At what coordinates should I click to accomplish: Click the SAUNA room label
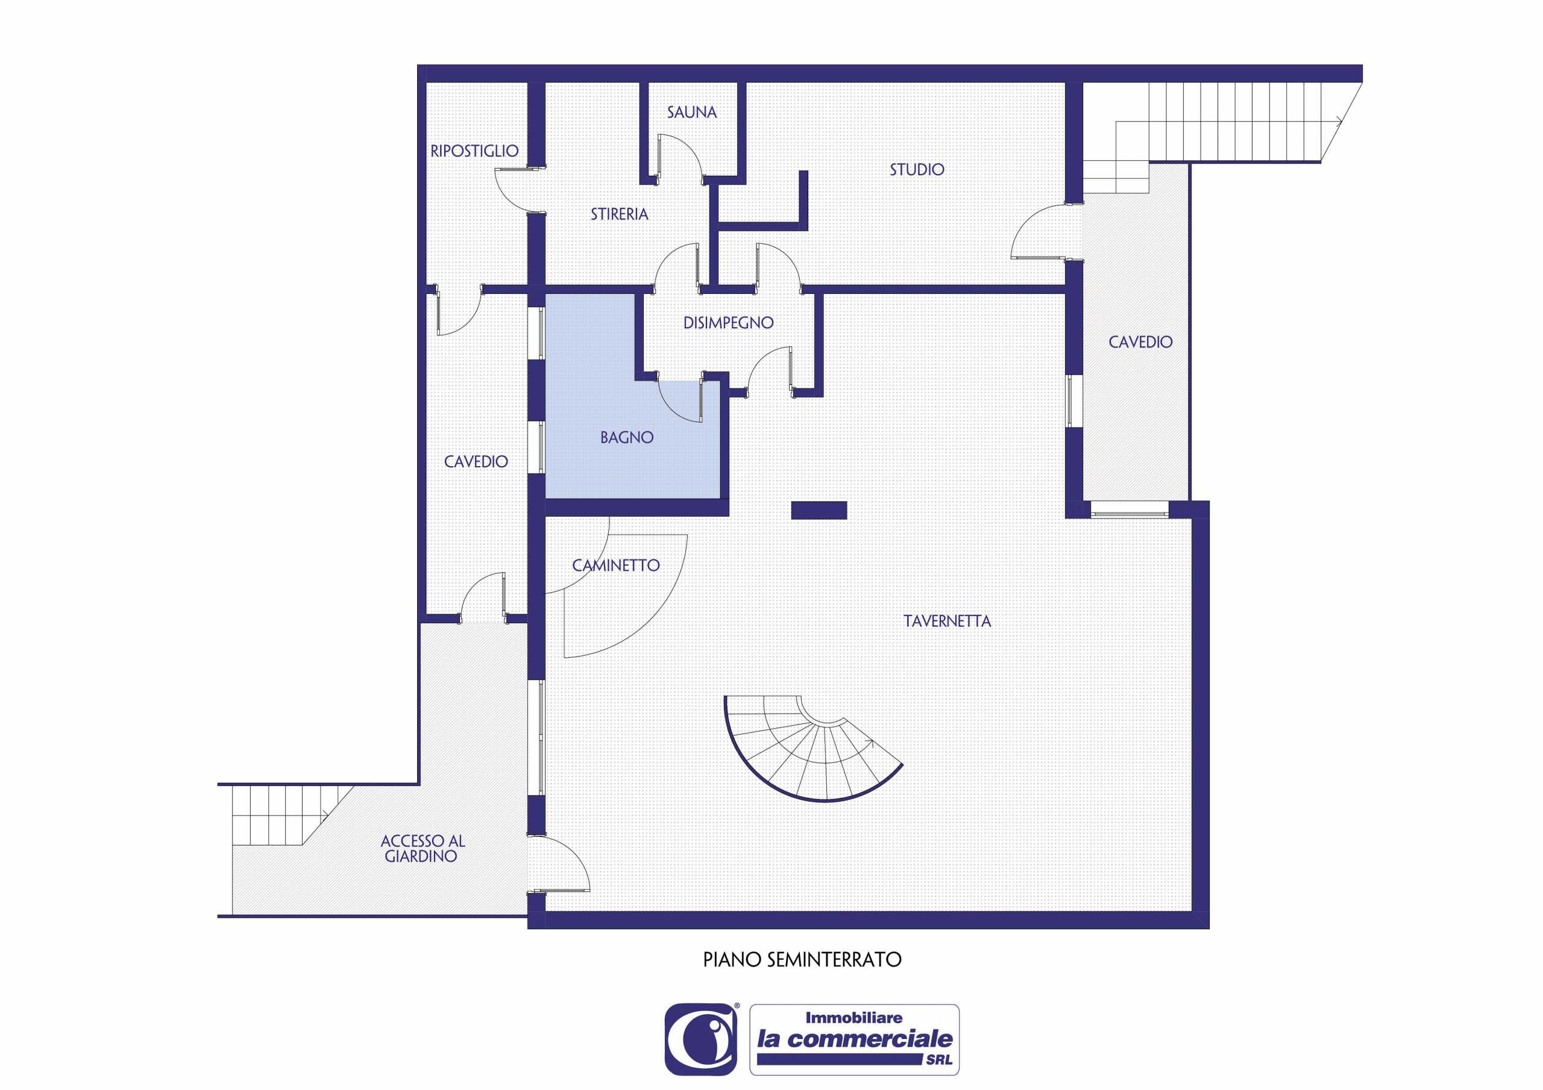point(691,112)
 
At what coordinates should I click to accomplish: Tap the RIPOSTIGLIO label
point(474,151)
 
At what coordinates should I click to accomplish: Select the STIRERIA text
point(620,214)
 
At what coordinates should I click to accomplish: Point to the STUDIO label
point(917,170)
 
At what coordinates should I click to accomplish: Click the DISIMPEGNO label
point(729,323)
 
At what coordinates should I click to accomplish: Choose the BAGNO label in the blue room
point(627,438)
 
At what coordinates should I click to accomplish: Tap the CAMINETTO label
point(615,565)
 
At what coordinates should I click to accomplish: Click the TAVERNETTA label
point(947,621)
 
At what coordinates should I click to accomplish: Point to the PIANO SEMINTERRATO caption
point(802,960)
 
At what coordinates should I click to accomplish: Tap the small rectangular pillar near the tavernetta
point(819,511)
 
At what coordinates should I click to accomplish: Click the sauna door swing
point(679,157)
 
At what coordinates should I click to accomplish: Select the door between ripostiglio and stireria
point(518,191)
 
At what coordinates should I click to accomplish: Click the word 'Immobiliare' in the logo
point(853,1018)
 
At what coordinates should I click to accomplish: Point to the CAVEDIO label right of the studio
point(1140,343)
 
